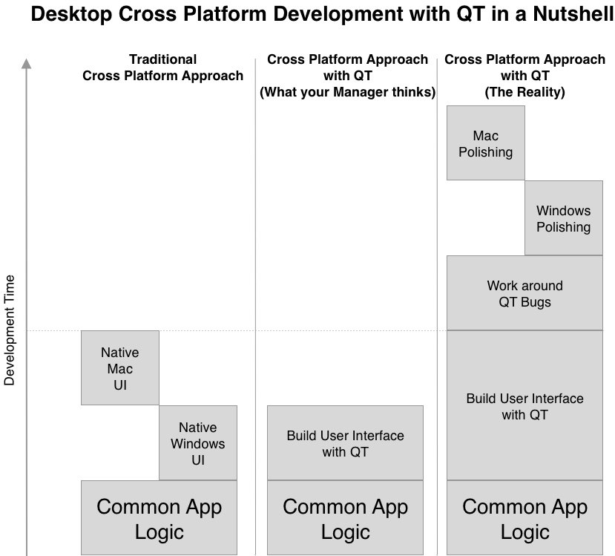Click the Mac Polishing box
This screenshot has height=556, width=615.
coord(486,143)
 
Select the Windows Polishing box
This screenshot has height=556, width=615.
coord(564,218)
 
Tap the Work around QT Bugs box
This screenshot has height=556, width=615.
coord(524,293)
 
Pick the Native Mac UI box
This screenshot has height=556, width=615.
coord(120,368)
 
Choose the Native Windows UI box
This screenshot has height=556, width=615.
coord(198,443)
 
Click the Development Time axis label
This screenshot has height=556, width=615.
coord(9,330)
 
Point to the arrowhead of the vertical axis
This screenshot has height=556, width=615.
coord(26,64)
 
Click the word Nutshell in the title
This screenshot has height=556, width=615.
coord(573,14)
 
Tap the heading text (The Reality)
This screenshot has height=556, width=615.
coord(524,92)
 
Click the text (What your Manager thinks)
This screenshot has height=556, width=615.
coord(347,92)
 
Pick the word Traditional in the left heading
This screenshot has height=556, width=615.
coord(162,59)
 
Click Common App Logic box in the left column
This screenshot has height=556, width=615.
coord(159,518)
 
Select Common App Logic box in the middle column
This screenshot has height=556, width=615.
coord(345,518)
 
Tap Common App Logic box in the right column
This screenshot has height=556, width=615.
coord(524,518)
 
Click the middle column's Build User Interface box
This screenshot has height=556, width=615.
coord(345,443)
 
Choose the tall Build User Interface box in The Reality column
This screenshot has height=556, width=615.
coord(524,405)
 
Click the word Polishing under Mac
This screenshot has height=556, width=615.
coord(486,152)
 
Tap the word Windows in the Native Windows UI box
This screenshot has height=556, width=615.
coord(198,444)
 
